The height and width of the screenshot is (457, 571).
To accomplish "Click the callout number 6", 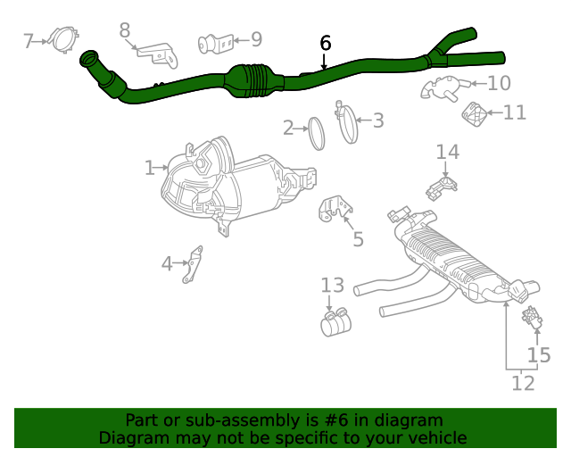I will tap(326, 43).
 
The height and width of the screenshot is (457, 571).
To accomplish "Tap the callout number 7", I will tap(29, 40).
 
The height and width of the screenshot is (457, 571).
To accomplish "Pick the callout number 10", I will tap(499, 83).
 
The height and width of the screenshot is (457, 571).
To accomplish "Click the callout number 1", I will tap(150, 167).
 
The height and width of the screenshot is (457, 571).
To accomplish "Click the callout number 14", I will tap(447, 152).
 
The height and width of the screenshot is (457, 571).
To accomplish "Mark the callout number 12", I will tap(523, 383).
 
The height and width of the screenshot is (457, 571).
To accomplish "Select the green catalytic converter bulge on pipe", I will tap(255, 79).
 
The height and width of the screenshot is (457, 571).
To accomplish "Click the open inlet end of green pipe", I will tap(88, 60).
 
